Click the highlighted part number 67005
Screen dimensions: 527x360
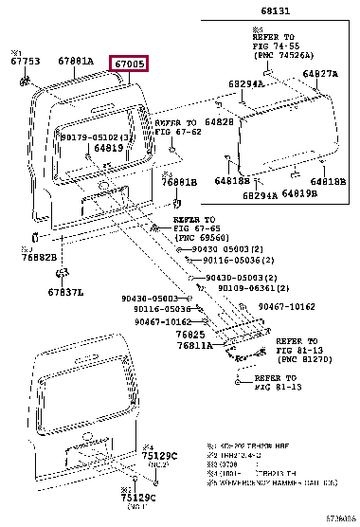[130, 64]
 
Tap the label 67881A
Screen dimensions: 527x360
[75, 62]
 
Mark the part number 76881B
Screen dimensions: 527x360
[178, 182]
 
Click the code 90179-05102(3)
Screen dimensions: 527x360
[98, 136]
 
